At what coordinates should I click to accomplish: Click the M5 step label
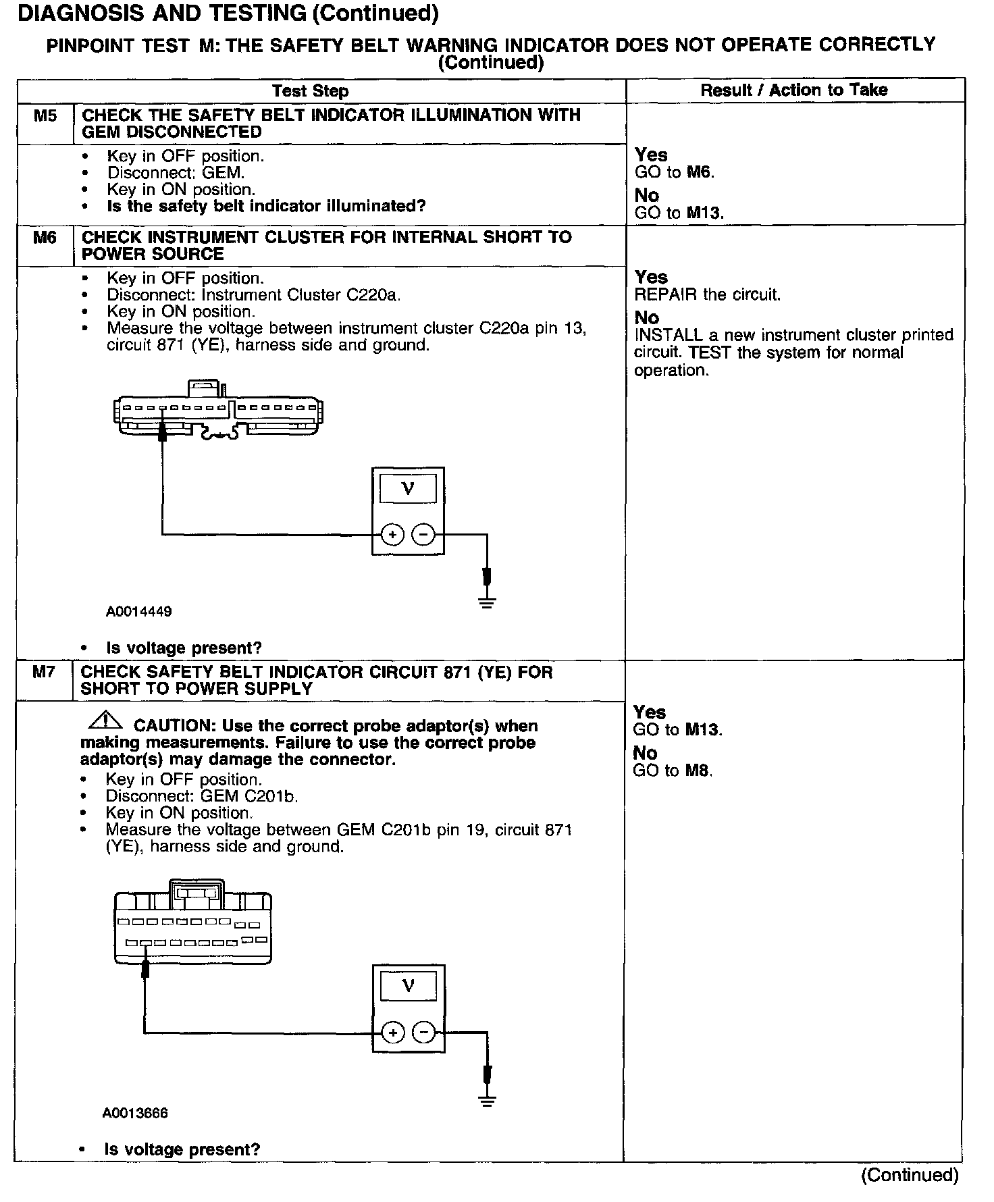coord(45,115)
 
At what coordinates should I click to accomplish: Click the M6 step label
coord(45,238)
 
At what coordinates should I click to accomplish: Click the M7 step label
coord(44,673)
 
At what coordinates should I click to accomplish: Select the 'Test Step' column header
coord(310,91)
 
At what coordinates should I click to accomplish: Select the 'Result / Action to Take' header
coord(793,90)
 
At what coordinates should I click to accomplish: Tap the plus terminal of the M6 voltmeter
coord(392,535)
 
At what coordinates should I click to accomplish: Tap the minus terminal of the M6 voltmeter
coord(423,535)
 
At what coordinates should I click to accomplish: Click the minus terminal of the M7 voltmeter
coord(423,1033)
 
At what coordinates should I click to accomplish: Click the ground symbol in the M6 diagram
coord(486,602)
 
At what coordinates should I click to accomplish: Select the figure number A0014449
coord(138,612)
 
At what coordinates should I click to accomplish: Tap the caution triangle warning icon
coord(105,721)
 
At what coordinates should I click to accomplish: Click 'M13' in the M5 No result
coord(705,213)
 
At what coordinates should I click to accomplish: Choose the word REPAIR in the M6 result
coord(662,295)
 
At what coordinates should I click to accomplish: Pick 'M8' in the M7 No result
coord(698,770)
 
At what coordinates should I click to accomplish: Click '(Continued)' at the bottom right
coord(910,1176)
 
